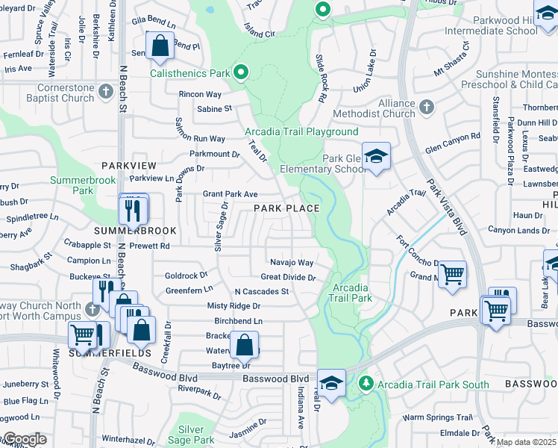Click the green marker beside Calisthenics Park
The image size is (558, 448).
(x=240, y=72)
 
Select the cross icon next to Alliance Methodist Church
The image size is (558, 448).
(x=426, y=108)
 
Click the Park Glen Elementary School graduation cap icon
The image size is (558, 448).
(x=377, y=157)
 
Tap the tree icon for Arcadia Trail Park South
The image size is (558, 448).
(x=366, y=384)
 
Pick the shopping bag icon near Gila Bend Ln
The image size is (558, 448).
(x=160, y=46)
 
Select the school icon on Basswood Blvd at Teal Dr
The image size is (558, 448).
(x=331, y=383)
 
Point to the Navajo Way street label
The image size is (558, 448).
(x=291, y=262)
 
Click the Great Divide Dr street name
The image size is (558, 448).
(x=289, y=277)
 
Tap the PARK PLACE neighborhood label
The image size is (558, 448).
(x=287, y=208)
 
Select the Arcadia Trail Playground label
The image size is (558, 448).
(x=301, y=131)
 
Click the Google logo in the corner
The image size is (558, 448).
(x=25, y=439)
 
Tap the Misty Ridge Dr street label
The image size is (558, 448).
(x=233, y=306)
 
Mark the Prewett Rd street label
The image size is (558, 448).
(x=148, y=246)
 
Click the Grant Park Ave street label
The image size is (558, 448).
(x=231, y=193)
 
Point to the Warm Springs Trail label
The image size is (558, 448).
(x=438, y=417)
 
